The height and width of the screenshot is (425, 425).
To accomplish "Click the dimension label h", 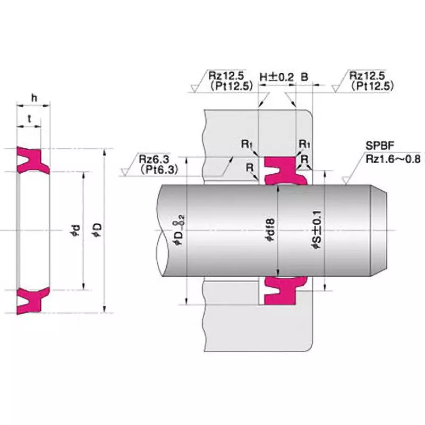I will click(33, 97).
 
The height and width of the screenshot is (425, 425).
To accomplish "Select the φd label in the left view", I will click(77, 230).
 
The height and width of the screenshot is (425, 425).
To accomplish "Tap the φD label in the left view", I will click(97, 229).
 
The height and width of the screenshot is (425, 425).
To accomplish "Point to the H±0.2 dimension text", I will click(276, 76).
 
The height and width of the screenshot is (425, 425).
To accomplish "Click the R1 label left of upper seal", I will click(246, 144).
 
